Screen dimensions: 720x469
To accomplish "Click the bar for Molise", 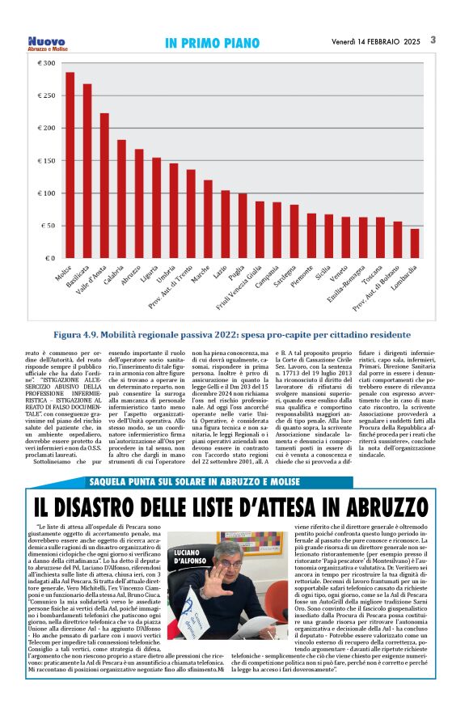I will coord(70,165).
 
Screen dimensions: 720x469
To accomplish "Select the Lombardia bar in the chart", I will coord(414,244).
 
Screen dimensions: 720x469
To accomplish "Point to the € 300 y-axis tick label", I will coord(46,63).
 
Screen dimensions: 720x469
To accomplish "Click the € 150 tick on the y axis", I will coord(46,160).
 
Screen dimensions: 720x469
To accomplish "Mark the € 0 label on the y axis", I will coord(50,258).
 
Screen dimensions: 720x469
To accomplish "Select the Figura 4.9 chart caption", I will coord(234,334).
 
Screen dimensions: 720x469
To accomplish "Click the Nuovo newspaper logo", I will coord(46,42).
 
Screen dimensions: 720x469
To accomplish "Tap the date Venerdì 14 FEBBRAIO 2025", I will coord(376,41).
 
